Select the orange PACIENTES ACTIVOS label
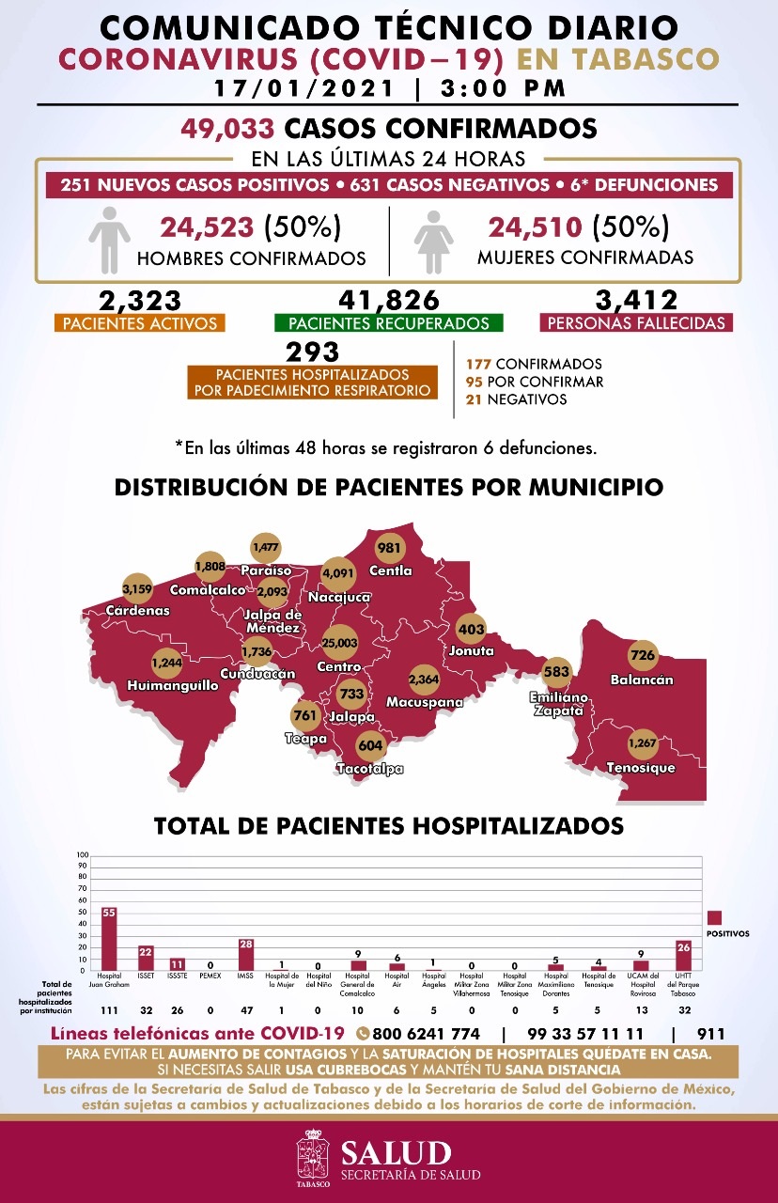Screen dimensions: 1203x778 point(139,323)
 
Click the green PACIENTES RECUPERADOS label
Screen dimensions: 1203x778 point(389,323)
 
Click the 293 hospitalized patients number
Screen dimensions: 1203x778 point(312,352)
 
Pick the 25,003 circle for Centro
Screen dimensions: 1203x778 point(339,642)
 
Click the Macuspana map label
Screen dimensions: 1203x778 point(424,702)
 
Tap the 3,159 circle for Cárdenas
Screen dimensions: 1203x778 point(137,590)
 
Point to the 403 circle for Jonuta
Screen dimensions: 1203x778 point(472,627)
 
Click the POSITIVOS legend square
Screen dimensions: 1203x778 point(715,917)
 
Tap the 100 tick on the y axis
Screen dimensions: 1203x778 point(83,856)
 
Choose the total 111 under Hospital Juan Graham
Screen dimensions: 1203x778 point(109,1009)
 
